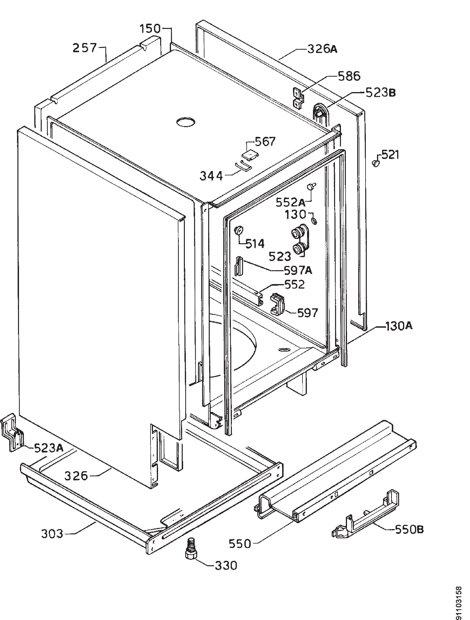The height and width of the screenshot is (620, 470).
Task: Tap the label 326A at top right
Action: tap(323, 49)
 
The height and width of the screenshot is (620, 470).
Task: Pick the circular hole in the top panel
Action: tap(185, 122)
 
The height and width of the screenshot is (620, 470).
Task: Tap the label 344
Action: tap(211, 176)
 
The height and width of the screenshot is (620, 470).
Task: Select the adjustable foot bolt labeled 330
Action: tap(191, 550)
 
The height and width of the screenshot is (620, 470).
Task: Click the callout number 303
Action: tap(52, 534)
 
